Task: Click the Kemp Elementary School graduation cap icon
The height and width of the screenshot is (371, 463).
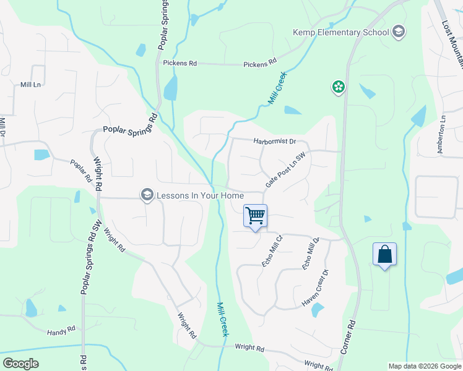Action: click(x=399, y=32)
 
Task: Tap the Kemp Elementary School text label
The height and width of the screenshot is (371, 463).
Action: click(x=341, y=33)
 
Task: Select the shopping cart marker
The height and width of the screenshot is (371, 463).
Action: click(x=255, y=216)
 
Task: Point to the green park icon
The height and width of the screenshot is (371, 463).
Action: click(x=339, y=87)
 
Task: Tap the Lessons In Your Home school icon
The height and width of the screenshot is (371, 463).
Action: click(x=147, y=195)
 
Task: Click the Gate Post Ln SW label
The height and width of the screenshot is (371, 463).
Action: click(x=286, y=171)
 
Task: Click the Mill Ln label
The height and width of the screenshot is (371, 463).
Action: click(x=30, y=84)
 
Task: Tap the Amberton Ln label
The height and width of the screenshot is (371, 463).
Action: click(x=441, y=136)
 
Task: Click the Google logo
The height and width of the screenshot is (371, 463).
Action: click(x=20, y=364)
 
